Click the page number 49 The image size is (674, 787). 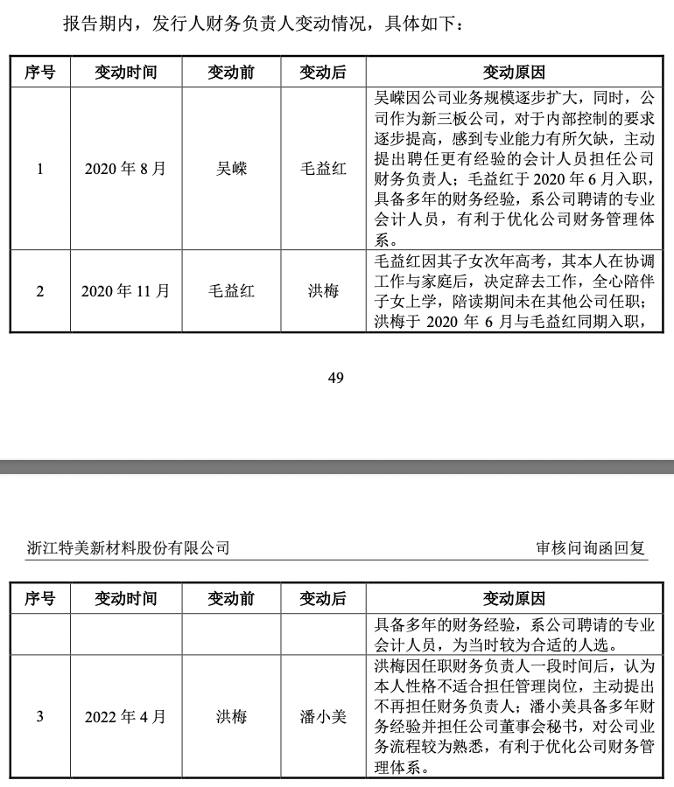click(335, 377)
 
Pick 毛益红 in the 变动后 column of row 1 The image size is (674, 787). click(323, 169)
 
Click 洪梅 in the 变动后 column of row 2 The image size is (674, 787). click(323, 291)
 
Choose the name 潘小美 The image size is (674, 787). click(323, 717)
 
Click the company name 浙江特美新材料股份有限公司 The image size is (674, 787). click(129, 548)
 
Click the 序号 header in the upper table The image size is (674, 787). click(40, 72)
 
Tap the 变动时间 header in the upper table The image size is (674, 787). click(125, 72)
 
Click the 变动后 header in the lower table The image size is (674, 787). click(323, 599)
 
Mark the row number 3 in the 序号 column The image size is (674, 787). click(40, 717)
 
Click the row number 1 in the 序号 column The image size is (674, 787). click(40, 169)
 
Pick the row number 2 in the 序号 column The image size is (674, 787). click(40, 291)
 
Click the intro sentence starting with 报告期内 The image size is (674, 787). click(263, 23)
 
